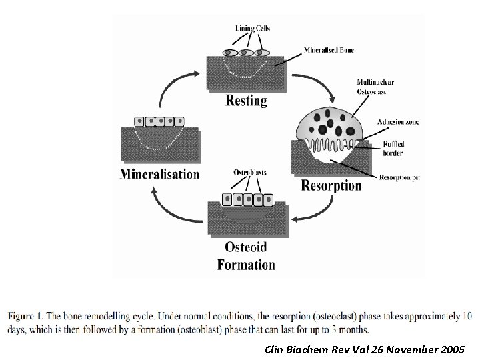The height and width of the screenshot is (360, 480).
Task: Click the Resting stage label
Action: click(246, 101)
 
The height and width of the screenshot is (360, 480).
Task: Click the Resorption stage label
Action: click(331, 185)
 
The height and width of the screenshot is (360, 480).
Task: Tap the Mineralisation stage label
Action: click(159, 174)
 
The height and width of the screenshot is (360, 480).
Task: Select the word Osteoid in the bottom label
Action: click(245, 247)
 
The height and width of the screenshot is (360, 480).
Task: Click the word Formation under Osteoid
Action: click(246, 264)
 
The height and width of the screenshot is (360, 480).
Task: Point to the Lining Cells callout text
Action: click(253, 28)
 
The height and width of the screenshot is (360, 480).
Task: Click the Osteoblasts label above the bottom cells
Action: click(251, 173)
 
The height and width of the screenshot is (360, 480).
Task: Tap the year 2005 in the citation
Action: click(453, 349)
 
